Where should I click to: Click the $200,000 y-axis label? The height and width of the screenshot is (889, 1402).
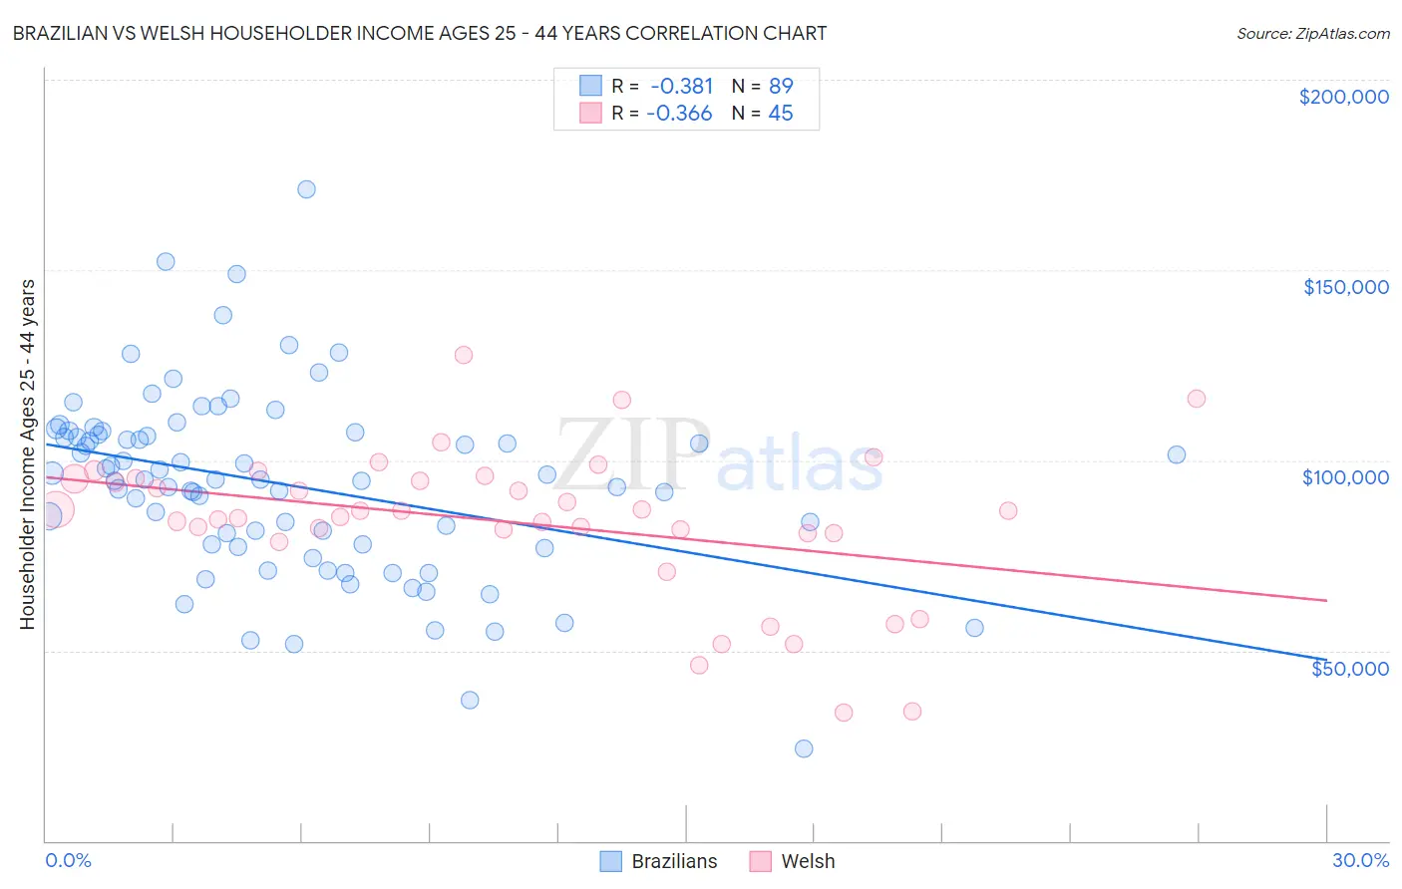[x=1343, y=97]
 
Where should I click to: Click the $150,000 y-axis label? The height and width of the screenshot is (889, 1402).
[x=1345, y=287]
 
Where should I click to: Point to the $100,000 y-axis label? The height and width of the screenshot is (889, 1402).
[x=1345, y=477]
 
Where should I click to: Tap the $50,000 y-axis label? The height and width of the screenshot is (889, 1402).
[x=1349, y=668]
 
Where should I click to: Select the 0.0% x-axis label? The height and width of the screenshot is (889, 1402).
[x=68, y=860]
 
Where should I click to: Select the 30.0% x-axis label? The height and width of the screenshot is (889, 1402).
[x=1360, y=860]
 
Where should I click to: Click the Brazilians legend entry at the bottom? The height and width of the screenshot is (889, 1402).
[x=659, y=861]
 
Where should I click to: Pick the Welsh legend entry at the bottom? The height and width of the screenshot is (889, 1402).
[x=793, y=861]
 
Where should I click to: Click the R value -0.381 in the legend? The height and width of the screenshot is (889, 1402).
[x=682, y=86]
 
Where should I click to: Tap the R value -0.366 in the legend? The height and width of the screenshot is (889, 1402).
[x=680, y=114]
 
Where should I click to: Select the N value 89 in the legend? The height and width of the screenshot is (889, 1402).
[x=781, y=86]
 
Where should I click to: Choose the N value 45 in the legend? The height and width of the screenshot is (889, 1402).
[x=781, y=114]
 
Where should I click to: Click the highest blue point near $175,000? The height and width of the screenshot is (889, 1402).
[x=306, y=189]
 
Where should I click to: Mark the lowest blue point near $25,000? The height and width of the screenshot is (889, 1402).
[x=804, y=748]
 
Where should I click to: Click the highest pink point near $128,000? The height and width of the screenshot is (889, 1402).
[x=463, y=355]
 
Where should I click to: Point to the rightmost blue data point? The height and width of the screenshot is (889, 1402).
[x=1177, y=454]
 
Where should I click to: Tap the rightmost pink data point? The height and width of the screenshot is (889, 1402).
[x=1197, y=399]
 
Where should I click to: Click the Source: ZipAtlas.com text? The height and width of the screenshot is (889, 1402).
[x=1312, y=34]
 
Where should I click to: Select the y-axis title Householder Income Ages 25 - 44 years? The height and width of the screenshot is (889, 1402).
[x=28, y=453]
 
